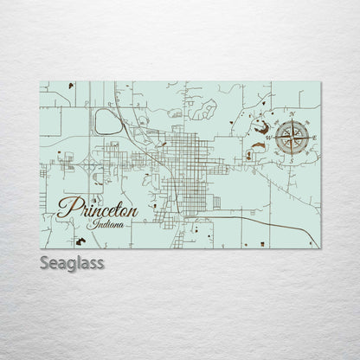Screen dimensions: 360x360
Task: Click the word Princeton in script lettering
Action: tap(100, 210)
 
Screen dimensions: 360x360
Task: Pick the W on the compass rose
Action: tap(269, 138)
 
